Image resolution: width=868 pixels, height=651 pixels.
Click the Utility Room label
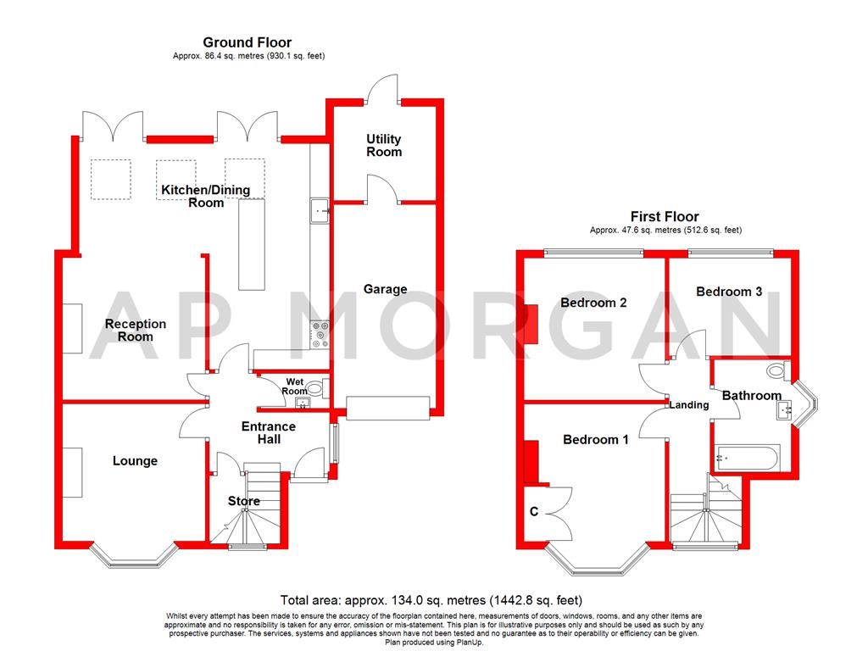[x=384, y=145]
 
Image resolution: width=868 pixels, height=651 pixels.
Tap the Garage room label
[x=385, y=289]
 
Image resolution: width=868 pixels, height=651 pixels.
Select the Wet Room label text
[x=295, y=387]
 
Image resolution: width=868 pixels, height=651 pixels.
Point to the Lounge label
[x=135, y=460]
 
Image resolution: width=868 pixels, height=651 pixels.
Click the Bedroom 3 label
[x=728, y=292]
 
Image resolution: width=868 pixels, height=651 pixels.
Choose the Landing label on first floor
[x=688, y=405]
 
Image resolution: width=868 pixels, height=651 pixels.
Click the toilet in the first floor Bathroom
[x=776, y=370]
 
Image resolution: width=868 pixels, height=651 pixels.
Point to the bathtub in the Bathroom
[x=747, y=459]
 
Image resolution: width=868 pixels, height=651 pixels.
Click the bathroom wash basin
[x=784, y=410]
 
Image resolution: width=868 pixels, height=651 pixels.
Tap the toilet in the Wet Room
[x=314, y=389]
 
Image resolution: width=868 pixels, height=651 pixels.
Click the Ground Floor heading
[x=247, y=42]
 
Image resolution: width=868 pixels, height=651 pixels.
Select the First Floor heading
[x=665, y=217]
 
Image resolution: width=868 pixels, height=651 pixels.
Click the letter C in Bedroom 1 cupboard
[x=533, y=511]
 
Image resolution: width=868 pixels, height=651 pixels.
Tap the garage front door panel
[x=387, y=408]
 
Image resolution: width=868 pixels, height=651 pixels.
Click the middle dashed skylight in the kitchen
[x=175, y=179]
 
